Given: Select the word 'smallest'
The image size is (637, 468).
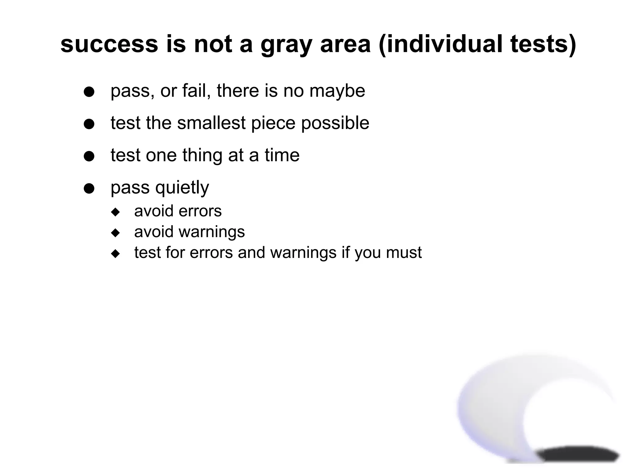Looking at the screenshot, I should coord(212,123).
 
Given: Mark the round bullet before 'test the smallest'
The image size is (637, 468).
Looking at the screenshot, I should coord(89,124).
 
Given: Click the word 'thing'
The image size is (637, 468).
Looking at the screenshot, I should coord(202,155).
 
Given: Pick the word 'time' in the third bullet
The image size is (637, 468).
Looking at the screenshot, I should coord(282,155).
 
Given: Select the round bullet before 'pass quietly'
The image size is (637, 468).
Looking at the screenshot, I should coord(89,188).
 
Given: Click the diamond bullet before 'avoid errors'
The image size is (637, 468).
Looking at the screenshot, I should coord(115,212).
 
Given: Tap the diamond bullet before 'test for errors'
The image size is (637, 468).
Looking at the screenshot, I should coord(115,254).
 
